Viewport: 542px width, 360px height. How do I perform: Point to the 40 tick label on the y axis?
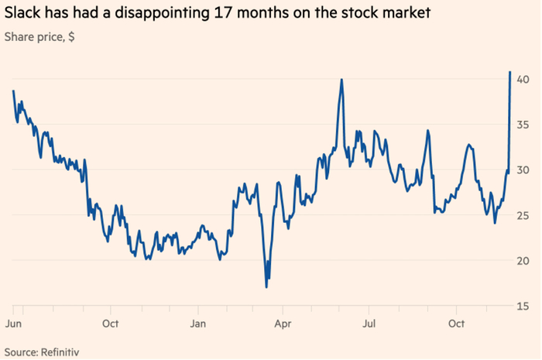click(x=524, y=80)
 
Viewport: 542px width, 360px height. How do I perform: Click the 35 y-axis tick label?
click(x=524, y=125)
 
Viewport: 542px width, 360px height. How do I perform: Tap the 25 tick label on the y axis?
click(x=524, y=215)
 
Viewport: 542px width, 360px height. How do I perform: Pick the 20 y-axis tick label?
click(x=524, y=261)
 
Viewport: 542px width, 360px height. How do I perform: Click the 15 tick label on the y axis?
click(x=524, y=306)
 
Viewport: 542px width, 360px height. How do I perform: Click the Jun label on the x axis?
click(x=13, y=321)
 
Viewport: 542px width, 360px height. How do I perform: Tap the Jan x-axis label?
click(x=198, y=321)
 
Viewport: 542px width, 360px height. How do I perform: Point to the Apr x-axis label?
click(x=283, y=321)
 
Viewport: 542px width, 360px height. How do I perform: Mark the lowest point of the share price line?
click(x=266, y=287)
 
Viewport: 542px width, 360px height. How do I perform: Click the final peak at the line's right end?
click(x=510, y=72)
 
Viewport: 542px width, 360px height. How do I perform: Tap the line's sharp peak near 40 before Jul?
click(x=341, y=80)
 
